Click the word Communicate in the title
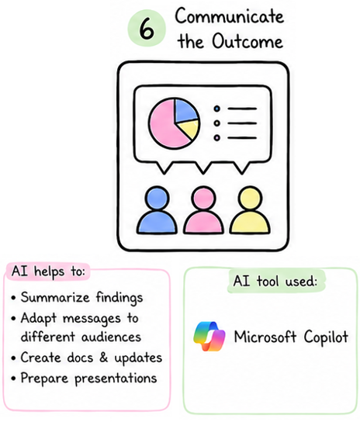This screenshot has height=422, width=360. pyautogui.click(x=230, y=16)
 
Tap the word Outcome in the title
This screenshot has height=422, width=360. pyautogui.click(x=247, y=41)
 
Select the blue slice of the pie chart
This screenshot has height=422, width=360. pyautogui.click(x=185, y=110)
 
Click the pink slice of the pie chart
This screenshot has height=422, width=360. pyautogui.click(x=164, y=125)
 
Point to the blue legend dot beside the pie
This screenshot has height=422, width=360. pyautogui.click(x=217, y=109)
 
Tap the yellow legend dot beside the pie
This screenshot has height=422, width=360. pyautogui.click(x=217, y=123)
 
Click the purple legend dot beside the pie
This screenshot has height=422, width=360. pyautogui.click(x=217, y=138)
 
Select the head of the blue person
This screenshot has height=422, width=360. pyautogui.click(x=157, y=199)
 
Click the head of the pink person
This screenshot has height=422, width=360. pyautogui.click(x=203, y=199)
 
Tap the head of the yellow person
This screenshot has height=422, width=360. pyautogui.click(x=250, y=199)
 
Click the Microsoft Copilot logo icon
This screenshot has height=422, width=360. pyautogui.click(x=209, y=337)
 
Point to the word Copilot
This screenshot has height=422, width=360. pyautogui.click(x=326, y=337)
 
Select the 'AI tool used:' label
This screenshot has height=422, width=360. pyautogui.click(x=275, y=282)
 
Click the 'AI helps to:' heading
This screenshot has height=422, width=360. pyautogui.click(x=48, y=272)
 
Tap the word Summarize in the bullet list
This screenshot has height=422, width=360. pyautogui.click(x=55, y=297)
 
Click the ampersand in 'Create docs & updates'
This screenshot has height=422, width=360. pyautogui.click(x=104, y=358)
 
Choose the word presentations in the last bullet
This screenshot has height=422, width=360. pyautogui.click(x=116, y=379)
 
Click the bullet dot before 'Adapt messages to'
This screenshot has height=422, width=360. pyautogui.click(x=14, y=318)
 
